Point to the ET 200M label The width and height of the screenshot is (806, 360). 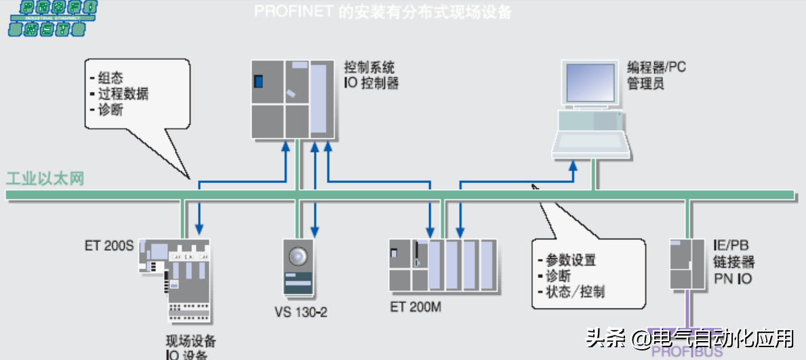point(416,306)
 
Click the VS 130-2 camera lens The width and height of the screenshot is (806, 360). point(298,256)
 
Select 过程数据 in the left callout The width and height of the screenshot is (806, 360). point(123,94)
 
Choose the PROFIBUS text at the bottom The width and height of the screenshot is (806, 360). point(687,351)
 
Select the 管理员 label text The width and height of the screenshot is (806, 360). point(645,84)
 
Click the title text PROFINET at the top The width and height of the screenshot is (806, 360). point(293,12)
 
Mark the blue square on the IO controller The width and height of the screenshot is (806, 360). point(258,81)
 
